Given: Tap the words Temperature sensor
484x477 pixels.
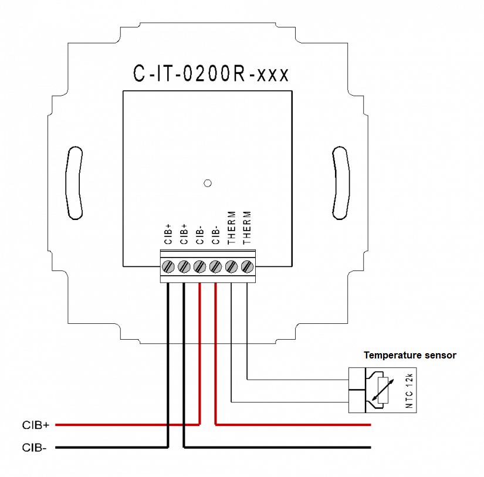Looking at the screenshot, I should pyautogui.click(x=409, y=355).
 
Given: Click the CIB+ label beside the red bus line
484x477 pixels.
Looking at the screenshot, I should pyautogui.click(x=36, y=424).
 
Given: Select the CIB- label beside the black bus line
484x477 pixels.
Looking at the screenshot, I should pyautogui.click(x=35, y=448).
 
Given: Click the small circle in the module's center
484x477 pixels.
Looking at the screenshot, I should pyautogui.click(x=206, y=183).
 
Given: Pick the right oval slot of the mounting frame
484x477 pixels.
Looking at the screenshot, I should pyautogui.click(x=340, y=182).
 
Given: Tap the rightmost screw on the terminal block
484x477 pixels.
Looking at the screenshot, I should pyautogui.click(x=246, y=266).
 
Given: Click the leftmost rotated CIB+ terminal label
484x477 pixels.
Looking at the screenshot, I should pyautogui.click(x=168, y=234).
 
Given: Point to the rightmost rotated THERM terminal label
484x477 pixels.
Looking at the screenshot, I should pyautogui.click(x=246, y=228).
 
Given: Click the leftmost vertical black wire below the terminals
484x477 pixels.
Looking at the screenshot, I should pyautogui.click(x=169, y=364).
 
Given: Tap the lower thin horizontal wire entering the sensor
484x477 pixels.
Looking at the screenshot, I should pyautogui.click(x=293, y=402).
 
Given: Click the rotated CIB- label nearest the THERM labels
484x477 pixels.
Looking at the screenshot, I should pyautogui.click(x=215, y=234).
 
